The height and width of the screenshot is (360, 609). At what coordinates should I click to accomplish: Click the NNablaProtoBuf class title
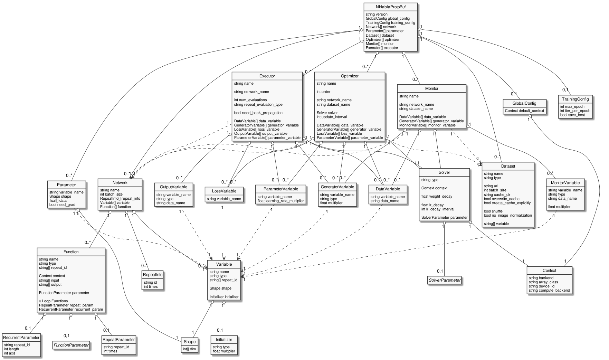(x=390, y=7)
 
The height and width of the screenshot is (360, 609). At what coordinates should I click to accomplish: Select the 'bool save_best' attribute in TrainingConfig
(x=572, y=115)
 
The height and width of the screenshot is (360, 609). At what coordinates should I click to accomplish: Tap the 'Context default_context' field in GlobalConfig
(x=524, y=111)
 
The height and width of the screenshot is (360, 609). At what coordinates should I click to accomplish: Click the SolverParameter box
(x=445, y=280)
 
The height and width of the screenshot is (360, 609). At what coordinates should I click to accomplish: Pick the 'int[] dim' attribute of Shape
(x=190, y=349)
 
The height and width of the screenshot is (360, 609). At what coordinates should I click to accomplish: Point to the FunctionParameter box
(x=71, y=345)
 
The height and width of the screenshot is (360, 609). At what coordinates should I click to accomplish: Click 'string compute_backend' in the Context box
(x=549, y=290)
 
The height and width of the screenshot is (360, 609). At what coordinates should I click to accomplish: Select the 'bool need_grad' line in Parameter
(x=62, y=205)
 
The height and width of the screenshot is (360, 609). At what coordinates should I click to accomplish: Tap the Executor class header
(x=267, y=76)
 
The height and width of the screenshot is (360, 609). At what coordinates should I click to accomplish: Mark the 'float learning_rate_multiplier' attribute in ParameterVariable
(x=280, y=201)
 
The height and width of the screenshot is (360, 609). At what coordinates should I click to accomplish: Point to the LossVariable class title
(x=223, y=191)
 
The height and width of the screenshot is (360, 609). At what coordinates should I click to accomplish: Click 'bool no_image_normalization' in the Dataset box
(x=508, y=215)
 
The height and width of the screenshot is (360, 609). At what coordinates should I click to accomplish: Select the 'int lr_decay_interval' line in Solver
(x=438, y=209)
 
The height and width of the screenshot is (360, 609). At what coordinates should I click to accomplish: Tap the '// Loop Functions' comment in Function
(x=53, y=301)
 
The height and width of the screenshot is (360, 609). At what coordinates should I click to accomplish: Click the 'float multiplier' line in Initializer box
(x=223, y=351)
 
